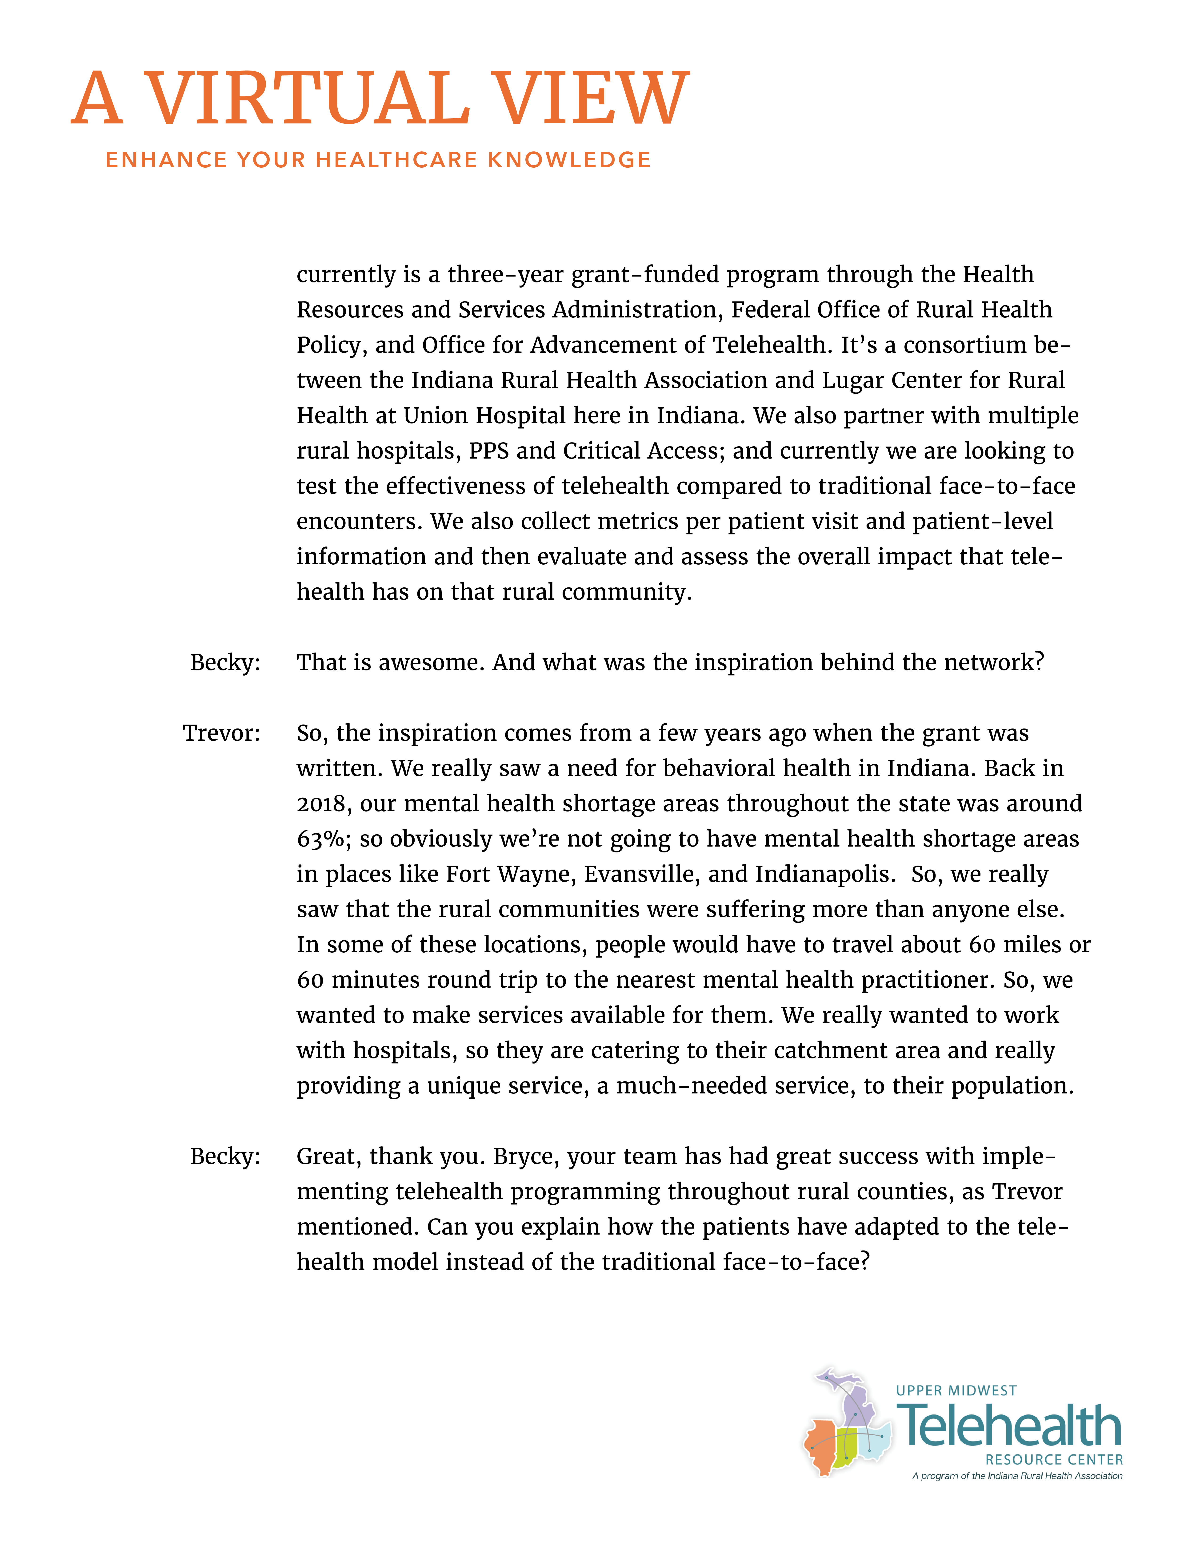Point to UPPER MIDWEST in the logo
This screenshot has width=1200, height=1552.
(956, 1391)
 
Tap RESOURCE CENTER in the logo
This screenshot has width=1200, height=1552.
(1054, 1460)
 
